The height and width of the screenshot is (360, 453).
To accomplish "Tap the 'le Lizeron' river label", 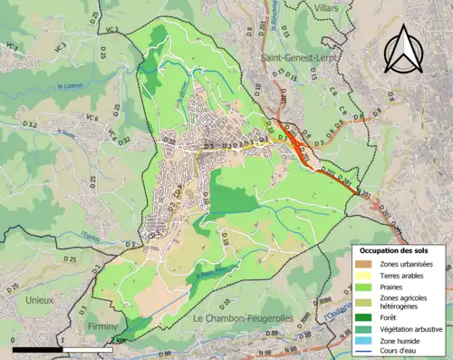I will point(72,87).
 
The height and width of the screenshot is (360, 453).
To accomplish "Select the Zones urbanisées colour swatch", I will point(364,264).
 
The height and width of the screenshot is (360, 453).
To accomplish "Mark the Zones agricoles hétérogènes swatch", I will point(364,303).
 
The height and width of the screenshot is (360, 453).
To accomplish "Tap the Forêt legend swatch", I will point(364,317).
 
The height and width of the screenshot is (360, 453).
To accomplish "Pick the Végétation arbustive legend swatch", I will point(364,329).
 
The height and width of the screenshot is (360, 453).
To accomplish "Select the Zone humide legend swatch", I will point(364,341).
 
